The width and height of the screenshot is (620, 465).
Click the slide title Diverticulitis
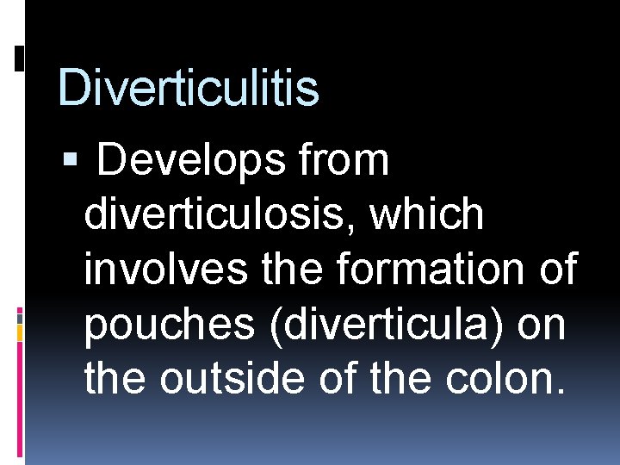[x=188, y=88]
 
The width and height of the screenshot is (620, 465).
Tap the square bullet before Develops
[x=70, y=161]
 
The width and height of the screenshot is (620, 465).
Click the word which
[x=427, y=215]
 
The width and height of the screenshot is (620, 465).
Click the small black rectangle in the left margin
[x=20, y=58]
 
